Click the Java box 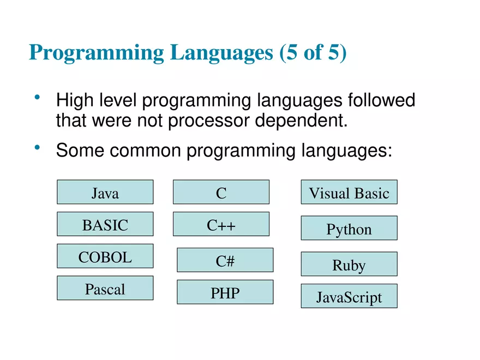tap(105, 193)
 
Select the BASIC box tap(105, 225)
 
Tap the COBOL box tap(105, 257)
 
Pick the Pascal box tap(105, 289)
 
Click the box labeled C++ tap(221, 225)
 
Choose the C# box tap(225, 261)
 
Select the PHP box tap(225, 293)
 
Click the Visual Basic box tap(349, 193)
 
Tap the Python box tap(349, 229)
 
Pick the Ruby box tap(349, 265)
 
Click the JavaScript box tap(349, 297)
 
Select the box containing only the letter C tap(221, 193)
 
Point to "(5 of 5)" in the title tap(313, 53)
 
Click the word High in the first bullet tap(76, 101)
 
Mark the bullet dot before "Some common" tap(37, 147)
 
